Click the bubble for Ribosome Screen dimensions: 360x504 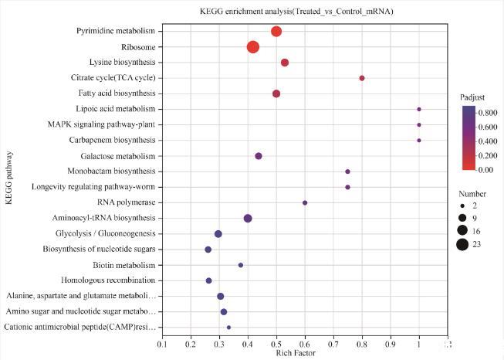(253, 47)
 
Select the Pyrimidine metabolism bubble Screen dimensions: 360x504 (276, 32)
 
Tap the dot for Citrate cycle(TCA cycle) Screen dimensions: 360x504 (362, 78)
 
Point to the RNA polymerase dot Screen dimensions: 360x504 (305, 202)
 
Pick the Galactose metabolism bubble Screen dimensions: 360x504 (259, 156)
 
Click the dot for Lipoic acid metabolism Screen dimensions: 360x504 (419, 109)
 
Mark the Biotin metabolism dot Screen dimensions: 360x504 (241, 265)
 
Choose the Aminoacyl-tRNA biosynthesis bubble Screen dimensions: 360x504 (248, 219)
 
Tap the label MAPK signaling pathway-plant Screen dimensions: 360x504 (101, 124)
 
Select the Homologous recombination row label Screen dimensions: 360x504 (104, 280)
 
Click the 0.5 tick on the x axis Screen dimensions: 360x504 (276, 344)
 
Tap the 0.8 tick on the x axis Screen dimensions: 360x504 (362, 344)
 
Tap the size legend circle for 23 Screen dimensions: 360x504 (462, 245)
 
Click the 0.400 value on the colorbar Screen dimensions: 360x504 (486, 141)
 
